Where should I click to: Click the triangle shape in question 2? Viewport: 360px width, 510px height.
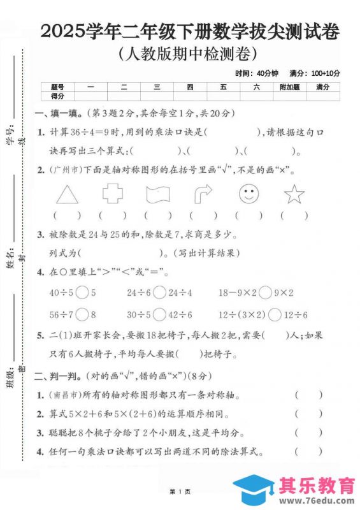tap(66, 193)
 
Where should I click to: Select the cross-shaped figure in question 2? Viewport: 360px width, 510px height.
tap(113, 193)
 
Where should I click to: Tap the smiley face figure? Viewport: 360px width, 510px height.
tap(248, 193)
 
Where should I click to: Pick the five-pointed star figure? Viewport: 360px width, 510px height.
tap(294, 193)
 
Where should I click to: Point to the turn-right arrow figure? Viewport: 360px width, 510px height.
tap(203, 193)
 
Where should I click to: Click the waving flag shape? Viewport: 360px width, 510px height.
tap(157, 193)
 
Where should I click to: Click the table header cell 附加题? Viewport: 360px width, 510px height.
tap(289, 87)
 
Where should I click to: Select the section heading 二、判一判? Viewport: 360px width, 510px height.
tap(61, 376)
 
